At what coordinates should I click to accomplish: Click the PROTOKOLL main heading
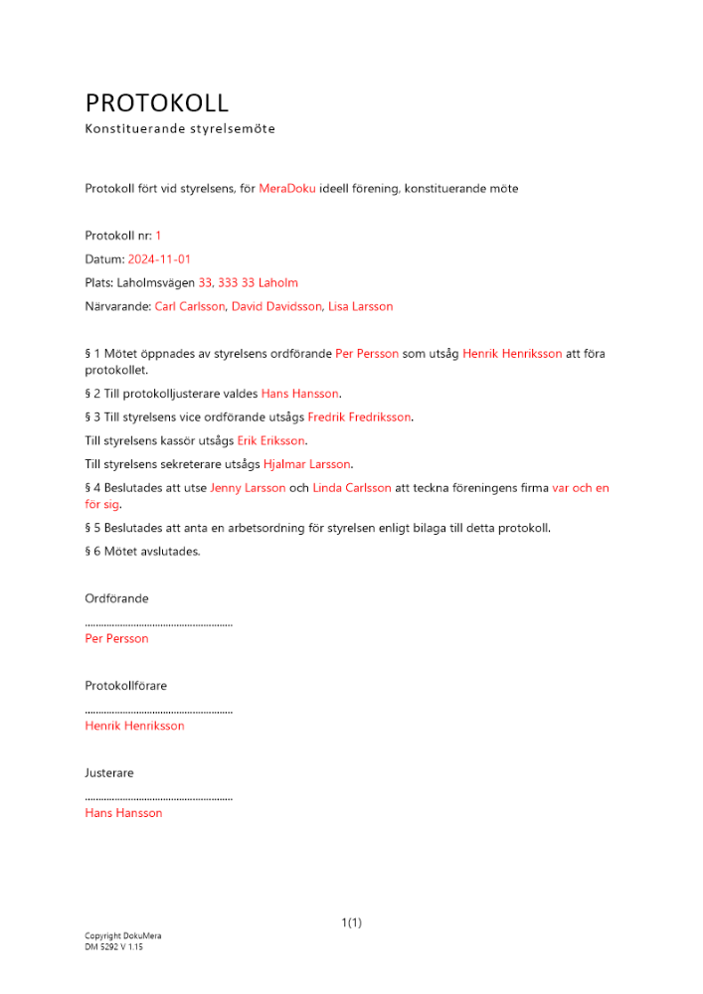(x=157, y=102)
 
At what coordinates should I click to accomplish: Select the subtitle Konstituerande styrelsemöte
(x=180, y=129)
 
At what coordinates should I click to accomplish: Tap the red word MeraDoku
(x=287, y=188)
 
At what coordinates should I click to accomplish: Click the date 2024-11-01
(x=159, y=259)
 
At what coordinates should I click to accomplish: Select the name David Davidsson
(x=276, y=307)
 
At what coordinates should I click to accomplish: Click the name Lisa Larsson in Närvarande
(x=361, y=307)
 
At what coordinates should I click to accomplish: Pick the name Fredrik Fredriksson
(x=359, y=417)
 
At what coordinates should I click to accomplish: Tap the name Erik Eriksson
(x=271, y=440)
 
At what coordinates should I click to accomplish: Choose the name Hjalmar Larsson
(x=307, y=464)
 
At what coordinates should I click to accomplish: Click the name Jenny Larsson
(x=248, y=488)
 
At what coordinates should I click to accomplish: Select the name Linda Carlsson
(x=352, y=488)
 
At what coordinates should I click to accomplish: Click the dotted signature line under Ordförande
(x=159, y=624)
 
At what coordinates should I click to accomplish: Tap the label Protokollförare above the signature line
(x=126, y=686)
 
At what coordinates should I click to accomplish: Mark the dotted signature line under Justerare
(x=159, y=798)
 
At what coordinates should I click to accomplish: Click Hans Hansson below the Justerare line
(x=124, y=813)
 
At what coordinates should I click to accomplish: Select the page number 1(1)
(x=351, y=922)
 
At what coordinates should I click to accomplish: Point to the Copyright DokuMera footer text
(x=123, y=936)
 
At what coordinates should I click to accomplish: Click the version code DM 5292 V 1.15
(x=114, y=947)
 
